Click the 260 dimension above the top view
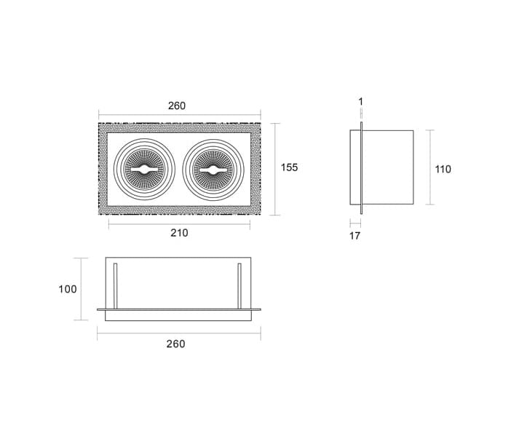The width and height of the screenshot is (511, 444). [x=177, y=106]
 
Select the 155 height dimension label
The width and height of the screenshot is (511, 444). [x=290, y=167]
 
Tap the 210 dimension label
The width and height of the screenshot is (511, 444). [x=179, y=233]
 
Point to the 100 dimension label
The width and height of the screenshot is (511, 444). [x=68, y=289]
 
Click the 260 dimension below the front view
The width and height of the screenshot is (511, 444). [x=175, y=344]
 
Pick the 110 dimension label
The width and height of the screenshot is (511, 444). [x=443, y=170]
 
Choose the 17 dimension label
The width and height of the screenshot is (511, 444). [x=355, y=236]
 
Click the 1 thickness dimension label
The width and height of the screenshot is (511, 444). [x=360, y=102]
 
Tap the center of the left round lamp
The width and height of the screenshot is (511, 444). [x=144, y=170]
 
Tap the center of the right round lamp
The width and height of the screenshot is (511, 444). [x=213, y=170]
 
